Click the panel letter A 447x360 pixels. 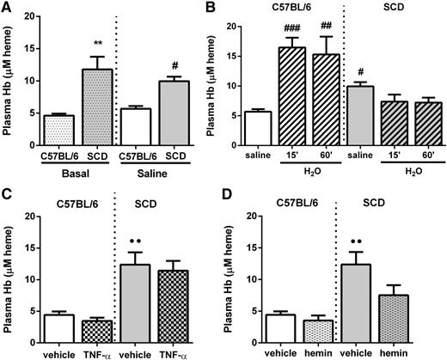coord(7,8)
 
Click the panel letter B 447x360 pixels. coord(232,8)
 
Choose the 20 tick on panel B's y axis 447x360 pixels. coord(231,18)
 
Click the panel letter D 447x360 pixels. coord(232,195)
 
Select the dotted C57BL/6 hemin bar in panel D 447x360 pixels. coord(291,330)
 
